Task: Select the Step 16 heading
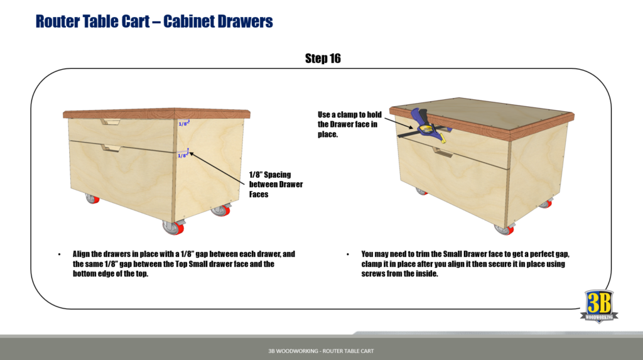(x=323, y=58)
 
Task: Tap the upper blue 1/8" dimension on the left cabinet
(x=183, y=124)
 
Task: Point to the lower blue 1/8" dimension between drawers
(x=182, y=155)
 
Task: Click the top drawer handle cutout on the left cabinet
(x=113, y=121)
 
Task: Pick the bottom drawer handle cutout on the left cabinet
(x=112, y=148)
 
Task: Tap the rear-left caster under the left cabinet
(x=92, y=199)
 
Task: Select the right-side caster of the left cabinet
(x=221, y=210)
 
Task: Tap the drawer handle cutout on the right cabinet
(x=443, y=153)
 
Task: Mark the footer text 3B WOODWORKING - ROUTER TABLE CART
(x=321, y=351)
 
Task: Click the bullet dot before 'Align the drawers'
(x=59, y=254)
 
